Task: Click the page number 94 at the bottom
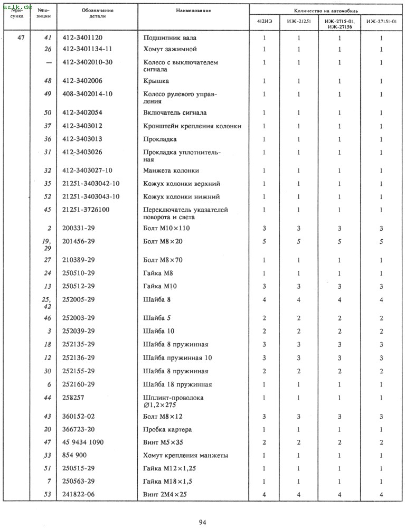202,522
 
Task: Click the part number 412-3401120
82,38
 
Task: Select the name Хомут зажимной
170,49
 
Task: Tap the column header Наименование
193,11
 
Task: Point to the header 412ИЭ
265,22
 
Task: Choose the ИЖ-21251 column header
298,22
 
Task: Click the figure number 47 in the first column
21,38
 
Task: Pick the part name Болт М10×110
166,228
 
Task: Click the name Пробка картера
167,429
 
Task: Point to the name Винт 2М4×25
165,494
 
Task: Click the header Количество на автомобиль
326,11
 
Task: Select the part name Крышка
156,81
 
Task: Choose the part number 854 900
74,455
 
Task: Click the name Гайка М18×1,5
169,481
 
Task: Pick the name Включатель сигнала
175,113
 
